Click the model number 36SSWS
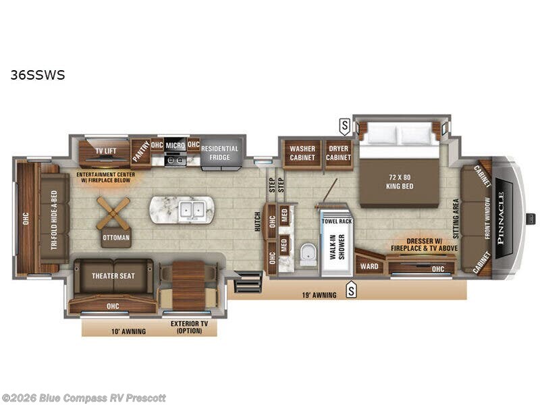click(38, 75)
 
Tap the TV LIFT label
click(105, 151)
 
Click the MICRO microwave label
click(175, 145)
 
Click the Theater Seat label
click(113, 275)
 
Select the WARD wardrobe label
click(369, 266)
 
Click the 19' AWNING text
click(320, 295)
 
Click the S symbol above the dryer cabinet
click(345, 125)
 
